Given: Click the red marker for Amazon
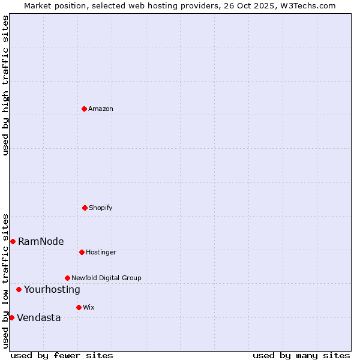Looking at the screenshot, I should click(84, 109).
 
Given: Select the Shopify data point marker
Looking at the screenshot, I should click(85, 208).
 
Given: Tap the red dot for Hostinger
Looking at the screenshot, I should click(82, 252).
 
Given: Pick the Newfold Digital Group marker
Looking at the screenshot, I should click(67, 278).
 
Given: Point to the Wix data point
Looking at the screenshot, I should click(79, 307).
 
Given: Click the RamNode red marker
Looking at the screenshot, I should click(13, 241).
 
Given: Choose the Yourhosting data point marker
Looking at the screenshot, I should click(19, 289).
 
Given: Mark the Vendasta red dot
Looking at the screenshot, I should click(11, 317).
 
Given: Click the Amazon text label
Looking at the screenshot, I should click(101, 109).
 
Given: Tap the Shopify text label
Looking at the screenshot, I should click(101, 208).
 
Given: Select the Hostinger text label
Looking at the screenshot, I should click(101, 252).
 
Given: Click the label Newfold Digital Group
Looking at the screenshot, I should click(106, 278).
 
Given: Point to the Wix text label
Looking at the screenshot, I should click(89, 307).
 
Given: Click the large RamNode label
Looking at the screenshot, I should click(41, 241).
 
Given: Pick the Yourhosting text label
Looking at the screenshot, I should click(52, 289).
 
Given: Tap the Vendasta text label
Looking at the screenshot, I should click(38, 317).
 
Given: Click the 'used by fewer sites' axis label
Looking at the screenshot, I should click(62, 355).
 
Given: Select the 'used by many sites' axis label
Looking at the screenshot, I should click(301, 355).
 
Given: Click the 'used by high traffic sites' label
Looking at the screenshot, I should click(5, 85).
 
